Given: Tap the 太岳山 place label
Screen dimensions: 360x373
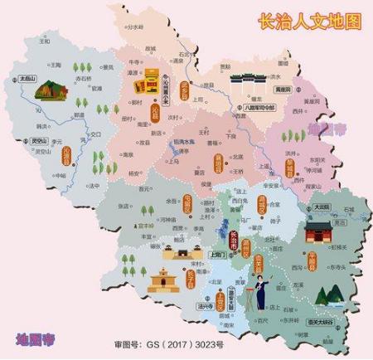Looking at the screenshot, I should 38,80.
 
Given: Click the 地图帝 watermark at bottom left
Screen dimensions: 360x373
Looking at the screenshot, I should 37,338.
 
